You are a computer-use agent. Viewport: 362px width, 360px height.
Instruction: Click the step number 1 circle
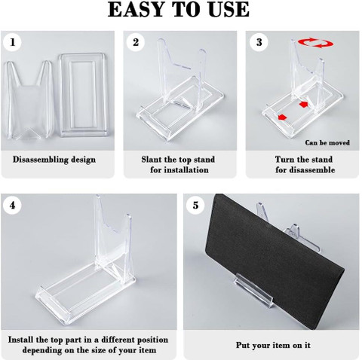(12, 42)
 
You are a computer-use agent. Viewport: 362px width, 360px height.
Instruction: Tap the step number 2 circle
(136, 42)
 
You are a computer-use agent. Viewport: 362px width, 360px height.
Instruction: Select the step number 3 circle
(259, 42)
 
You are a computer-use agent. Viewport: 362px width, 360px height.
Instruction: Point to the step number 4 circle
(12, 206)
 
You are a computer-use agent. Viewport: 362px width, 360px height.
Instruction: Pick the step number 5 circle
(195, 206)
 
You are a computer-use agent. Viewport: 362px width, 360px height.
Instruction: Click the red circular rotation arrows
(316, 43)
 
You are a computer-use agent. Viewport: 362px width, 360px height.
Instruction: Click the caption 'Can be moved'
(327, 142)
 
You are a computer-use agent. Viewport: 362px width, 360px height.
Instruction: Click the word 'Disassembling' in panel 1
(40, 160)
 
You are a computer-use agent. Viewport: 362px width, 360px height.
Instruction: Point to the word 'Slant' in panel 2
(152, 159)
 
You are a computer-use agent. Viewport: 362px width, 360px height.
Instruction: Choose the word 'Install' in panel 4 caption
(21, 340)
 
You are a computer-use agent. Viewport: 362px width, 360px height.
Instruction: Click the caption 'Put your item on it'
(273, 345)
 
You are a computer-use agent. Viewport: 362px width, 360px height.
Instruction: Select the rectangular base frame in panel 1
(87, 95)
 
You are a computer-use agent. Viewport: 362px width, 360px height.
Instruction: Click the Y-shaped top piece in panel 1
(29, 99)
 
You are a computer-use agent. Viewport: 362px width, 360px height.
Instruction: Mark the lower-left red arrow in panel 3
(282, 117)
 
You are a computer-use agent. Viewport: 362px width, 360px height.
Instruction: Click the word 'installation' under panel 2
(179, 170)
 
